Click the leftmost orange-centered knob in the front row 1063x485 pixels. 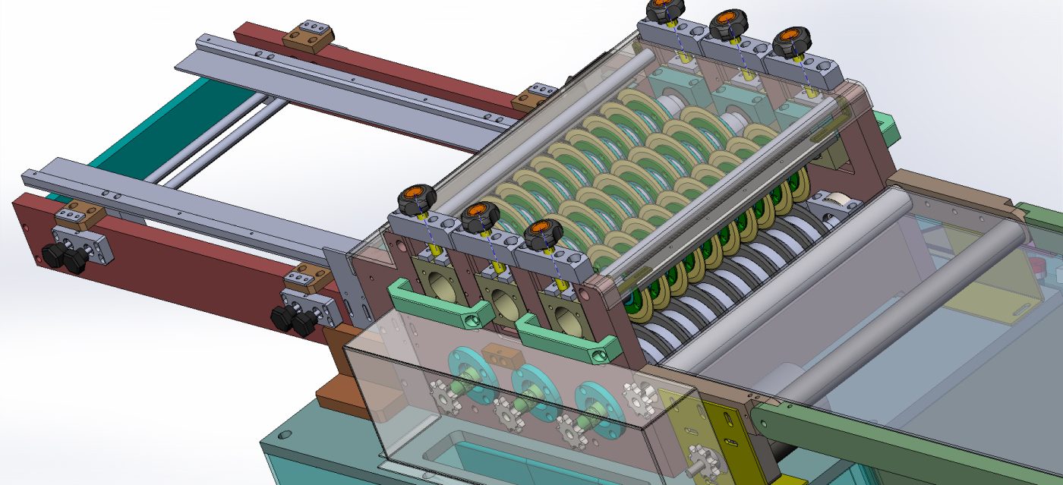(x=418, y=198)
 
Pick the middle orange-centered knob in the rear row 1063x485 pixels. (x=728, y=22)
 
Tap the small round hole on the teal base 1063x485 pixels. (x=285, y=436)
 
